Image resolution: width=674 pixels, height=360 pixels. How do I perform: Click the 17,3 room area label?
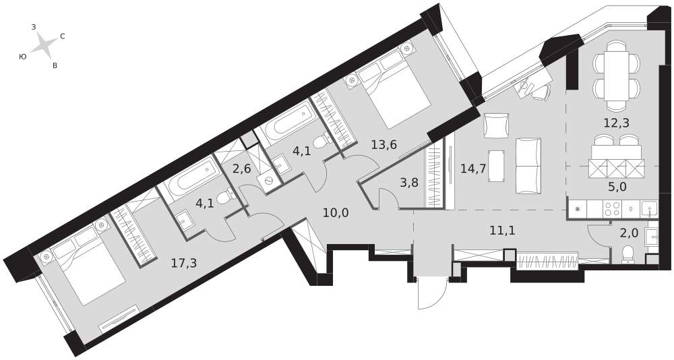tap(184, 263)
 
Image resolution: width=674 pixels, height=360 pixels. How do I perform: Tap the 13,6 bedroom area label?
tap(384, 144)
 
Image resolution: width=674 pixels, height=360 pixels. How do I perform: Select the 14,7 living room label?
tap(473, 168)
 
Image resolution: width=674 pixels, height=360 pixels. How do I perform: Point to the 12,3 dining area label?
tap(617, 123)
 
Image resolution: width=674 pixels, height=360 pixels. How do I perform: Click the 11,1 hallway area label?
tap(503, 231)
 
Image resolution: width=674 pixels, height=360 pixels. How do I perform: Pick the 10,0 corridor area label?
tap(335, 212)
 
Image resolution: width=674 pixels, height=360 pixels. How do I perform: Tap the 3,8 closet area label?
tap(409, 183)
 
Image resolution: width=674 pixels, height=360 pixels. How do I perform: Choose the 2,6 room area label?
tap(241, 169)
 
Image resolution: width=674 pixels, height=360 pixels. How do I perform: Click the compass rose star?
tap(43, 44)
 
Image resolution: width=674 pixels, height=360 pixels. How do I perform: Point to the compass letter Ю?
tap(23, 57)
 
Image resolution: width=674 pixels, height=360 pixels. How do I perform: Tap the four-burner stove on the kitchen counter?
tap(611, 208)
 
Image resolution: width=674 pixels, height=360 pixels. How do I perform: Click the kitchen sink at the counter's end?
tap(649, 208)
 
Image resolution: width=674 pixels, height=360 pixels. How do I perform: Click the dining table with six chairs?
tap(617, 76)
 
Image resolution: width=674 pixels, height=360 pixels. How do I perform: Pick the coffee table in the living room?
tap(497, 167)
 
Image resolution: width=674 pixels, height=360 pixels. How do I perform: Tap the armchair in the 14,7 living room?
tap(497, 125)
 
